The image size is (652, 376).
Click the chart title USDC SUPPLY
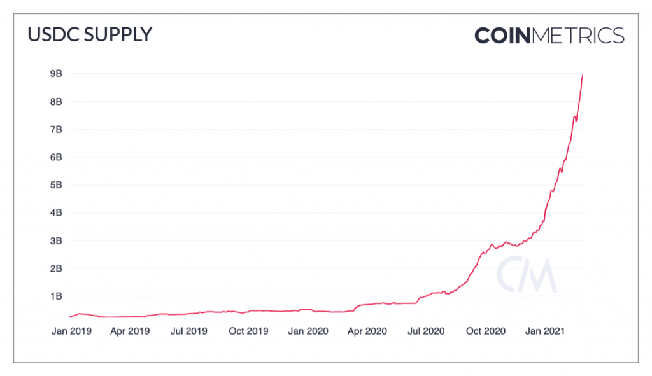(x=90, y=34)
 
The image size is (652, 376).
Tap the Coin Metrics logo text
(x=549, y=36)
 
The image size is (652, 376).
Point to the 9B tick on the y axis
(x=56, y=74)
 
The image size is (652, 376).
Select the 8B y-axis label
(x=56, y=101)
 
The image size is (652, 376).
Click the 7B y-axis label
(x=56, y=129)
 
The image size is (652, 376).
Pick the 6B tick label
(x=56, y=157)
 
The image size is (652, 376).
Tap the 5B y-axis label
(x=56, y=185)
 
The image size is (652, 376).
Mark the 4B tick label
(x=56, y=212)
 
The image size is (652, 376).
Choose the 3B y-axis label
(x=56, y=240)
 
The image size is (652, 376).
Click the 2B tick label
(x=56, y=268)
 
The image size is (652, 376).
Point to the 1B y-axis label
(x=56, y=296)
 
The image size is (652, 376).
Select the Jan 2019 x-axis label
(x=71, y=331)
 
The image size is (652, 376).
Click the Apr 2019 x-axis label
(x=130, y=331)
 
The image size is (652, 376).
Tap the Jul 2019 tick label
(x=188, y=331)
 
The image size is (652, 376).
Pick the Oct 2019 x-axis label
(x=249, y=331)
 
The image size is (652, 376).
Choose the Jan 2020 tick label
(x=308, y=331)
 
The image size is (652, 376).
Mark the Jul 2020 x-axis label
(x=426, y=331)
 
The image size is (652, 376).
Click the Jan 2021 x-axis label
(x=545, y=331)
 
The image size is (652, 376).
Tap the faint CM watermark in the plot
(x=527, y=275)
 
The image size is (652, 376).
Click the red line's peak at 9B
(x=583, y=74)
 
